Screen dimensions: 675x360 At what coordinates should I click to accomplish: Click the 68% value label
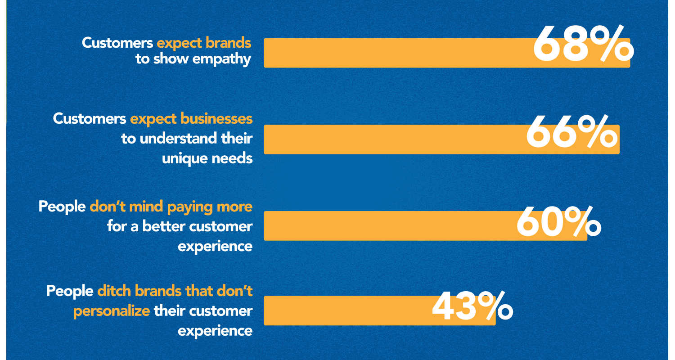coord(583,44)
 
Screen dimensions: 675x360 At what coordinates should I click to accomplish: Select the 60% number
coord(559,221)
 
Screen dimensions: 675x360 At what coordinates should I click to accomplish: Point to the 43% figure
coord(472,306)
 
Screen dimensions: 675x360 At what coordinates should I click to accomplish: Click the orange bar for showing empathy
coord(447,53)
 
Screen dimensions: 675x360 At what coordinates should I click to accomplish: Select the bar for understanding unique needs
coord(442,139)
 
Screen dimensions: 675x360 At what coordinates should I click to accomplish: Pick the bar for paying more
coord(426,225)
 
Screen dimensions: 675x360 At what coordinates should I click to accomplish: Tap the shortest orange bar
coord(380,310)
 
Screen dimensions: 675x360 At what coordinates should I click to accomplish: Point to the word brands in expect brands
coord(229,43)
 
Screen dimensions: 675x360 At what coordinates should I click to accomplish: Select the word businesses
coord(216,119)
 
